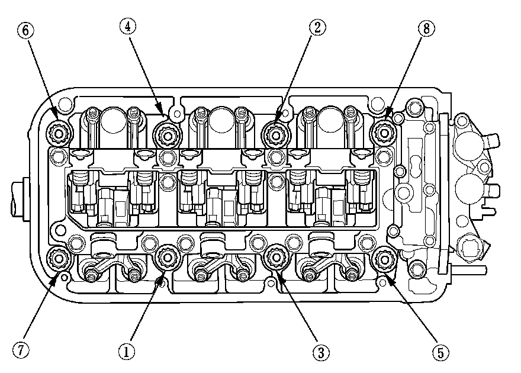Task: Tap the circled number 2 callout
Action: click(318, 27)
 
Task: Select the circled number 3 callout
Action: click(320, 353)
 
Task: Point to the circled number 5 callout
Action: click(439, 353)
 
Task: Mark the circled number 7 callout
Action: click(22, 351)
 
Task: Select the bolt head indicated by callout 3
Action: click(276, 257)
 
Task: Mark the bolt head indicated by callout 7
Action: click(59, 259)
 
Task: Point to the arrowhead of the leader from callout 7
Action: click(55, 278)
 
